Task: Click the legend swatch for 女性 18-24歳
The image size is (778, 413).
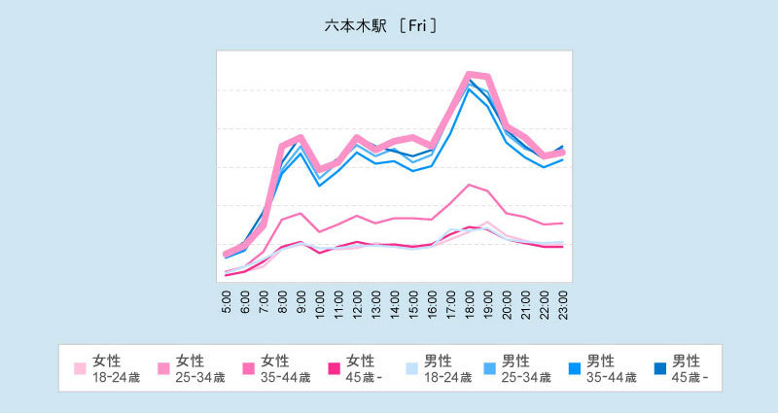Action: tap(81, 368)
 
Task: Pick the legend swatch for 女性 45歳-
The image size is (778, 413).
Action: tap(334, 368)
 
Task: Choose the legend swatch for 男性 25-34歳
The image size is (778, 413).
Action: tap(490, 368)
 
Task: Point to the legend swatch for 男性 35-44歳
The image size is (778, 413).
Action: tap(575, 368)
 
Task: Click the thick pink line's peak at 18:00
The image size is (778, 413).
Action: tap(470, 74)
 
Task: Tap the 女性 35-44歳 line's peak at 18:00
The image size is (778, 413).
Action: tap(470, 185)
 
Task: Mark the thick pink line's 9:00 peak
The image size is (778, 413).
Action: tap(301, 138)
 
